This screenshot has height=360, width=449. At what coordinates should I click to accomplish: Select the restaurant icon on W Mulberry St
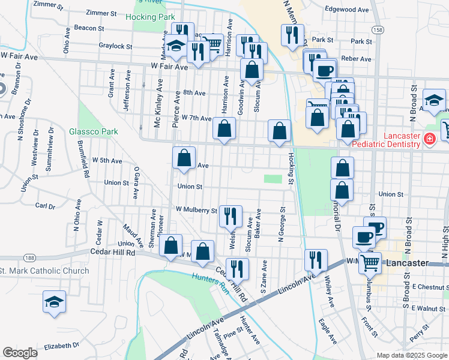click(231, 215)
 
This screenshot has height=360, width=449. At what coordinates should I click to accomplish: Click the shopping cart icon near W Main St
click(370, 262)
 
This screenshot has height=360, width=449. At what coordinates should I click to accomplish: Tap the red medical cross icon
click(429, 140)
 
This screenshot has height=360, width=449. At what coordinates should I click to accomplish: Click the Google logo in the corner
click(20, 353)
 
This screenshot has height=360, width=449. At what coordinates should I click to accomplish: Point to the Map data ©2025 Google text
click(411, 355)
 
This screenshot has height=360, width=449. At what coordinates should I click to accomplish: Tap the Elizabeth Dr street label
click(61, 346)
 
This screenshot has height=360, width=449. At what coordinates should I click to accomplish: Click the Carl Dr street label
click(45, 205)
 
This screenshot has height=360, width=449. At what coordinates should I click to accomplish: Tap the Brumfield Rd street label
click(83, 158)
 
